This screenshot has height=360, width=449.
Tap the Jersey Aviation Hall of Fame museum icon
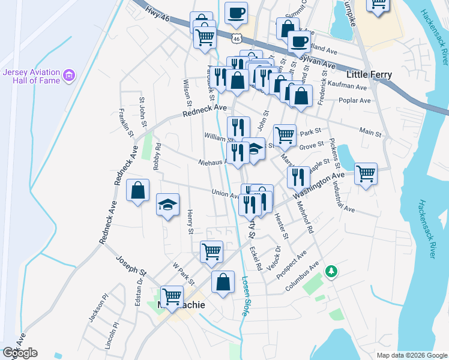(x=70, y=76)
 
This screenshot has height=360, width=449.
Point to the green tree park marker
(x=330, y=272)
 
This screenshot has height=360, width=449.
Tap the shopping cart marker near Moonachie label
(x=172, y=296)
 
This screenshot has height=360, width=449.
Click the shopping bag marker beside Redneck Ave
(x=138, y=190)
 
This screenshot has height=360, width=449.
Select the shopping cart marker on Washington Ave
(x=366, y=173)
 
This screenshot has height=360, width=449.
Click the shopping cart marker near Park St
(x=285, y=135)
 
